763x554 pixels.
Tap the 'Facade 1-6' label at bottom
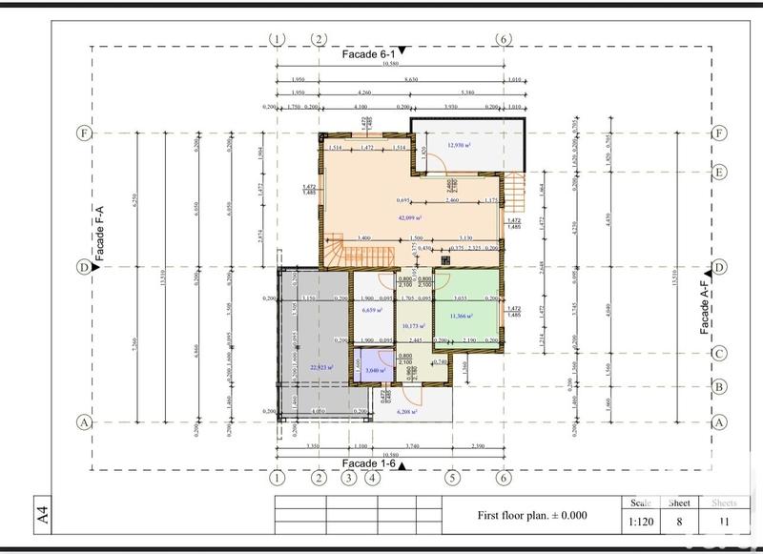368,463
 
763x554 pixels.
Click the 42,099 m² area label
410,218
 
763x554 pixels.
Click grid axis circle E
721,173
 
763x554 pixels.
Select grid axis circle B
721,387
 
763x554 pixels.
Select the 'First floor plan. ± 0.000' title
532,516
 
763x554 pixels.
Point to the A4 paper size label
42,515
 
